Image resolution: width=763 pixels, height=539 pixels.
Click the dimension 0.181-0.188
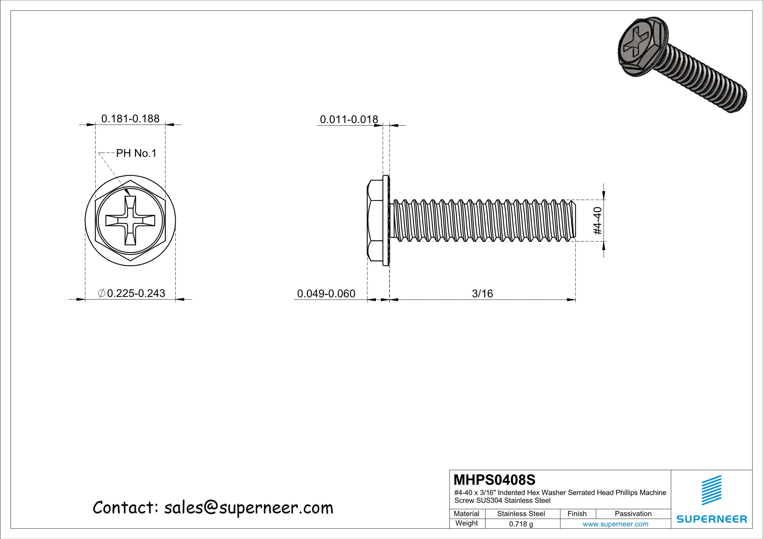click(130, 119)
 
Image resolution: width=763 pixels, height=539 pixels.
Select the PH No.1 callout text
click(136, 154)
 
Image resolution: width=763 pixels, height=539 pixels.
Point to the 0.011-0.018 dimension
click(349, 120)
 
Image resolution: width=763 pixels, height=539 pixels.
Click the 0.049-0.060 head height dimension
click(326, 293)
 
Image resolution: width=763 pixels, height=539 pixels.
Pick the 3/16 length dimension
click(482, 293)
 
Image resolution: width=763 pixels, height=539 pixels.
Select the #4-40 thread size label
click(597, 221)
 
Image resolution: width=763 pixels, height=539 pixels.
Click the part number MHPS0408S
click(495, 480)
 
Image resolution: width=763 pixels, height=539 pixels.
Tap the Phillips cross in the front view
click(131, 220)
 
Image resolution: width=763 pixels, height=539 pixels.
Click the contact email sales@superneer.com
click(213, 507)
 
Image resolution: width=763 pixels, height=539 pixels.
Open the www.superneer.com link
click(615, 524)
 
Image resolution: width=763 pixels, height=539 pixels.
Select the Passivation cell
click(633, 514)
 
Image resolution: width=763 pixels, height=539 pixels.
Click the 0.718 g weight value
click(521, 524)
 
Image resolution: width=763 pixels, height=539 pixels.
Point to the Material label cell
click(466, 514)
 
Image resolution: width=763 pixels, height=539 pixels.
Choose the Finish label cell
click(577, 514)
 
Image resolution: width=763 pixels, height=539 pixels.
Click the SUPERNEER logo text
click(712, 519)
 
